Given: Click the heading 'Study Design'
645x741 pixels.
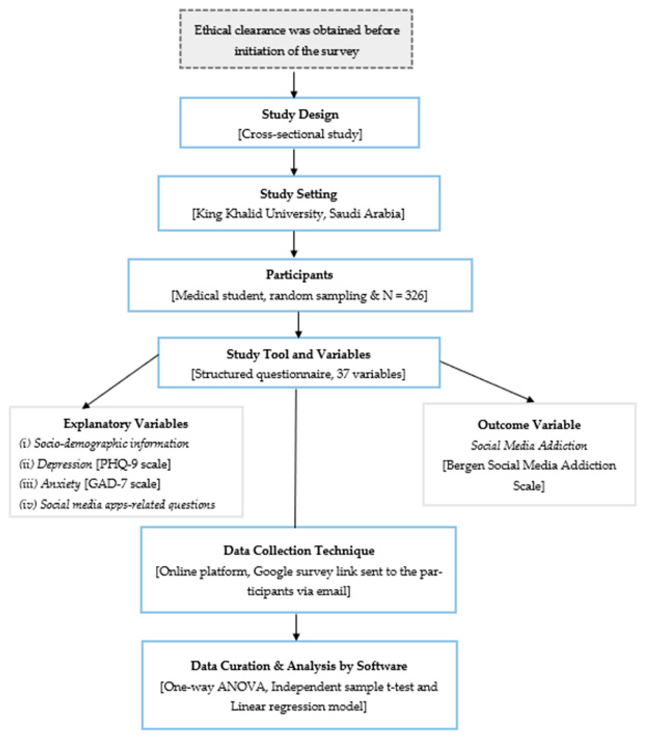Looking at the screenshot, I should click(x=300, y=115).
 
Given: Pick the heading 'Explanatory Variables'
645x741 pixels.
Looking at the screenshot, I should click(x=126, y=424).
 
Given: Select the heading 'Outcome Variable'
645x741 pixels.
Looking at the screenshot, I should click(x=529, y=425).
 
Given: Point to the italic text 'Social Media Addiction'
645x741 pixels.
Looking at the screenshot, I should click(x=529, y=446).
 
